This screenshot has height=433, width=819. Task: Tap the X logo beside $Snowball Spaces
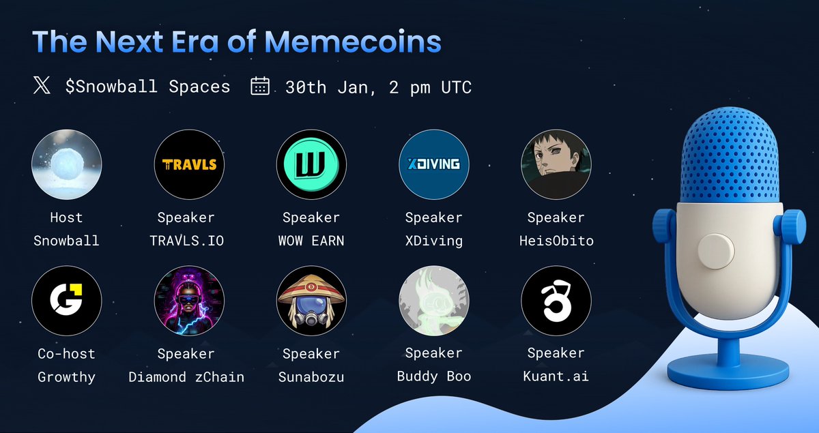pos(42,87)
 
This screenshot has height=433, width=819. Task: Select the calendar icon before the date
pos(260,87)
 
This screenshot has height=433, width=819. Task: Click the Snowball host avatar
pos(67,164)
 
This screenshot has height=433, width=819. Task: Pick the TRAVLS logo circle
pos(189,164)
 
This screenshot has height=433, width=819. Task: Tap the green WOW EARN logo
pos(311,164)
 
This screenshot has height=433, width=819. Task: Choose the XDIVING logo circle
pos(434,164)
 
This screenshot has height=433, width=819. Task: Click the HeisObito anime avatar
pos(556,164)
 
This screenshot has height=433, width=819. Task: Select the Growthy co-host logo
pos(67,300)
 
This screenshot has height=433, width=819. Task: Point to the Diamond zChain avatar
pos(189,300)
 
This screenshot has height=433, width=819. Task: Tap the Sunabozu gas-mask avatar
pos(311,300)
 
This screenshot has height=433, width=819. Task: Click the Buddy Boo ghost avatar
pos(434,300)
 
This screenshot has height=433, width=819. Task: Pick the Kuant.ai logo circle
pos(556,300)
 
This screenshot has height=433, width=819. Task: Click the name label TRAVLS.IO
pos(186,241)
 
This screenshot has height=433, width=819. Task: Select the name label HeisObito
pos(556,241)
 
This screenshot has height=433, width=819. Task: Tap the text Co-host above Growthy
pos(66,354)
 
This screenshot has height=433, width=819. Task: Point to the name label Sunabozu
pos(311,376)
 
